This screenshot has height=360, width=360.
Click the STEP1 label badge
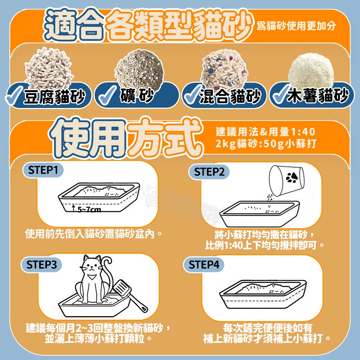coord(43,170)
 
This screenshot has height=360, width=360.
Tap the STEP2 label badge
coord(209,172)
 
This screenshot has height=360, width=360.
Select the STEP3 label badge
coord(41,265)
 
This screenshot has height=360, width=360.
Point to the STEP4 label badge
coord(204,265)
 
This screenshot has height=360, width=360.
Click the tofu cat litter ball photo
coord(49,67)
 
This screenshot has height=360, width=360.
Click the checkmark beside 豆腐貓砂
coord(14,96)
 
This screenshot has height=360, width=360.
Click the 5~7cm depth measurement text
coord(89,210)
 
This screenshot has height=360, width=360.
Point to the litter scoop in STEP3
coord(130,295)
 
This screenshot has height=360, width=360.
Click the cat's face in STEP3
coord(92,266)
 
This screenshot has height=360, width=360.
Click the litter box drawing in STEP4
coord(263,294)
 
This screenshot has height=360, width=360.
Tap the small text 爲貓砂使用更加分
coord(296,26)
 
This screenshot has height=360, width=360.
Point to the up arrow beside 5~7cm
coord(73,208)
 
